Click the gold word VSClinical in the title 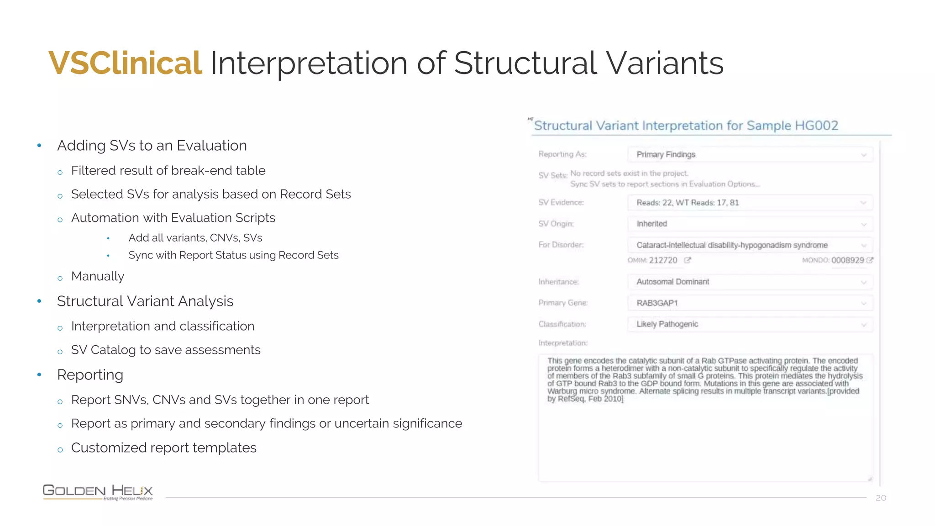coord(125,63)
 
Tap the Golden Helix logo coord(98,492)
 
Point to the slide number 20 coord(881,498)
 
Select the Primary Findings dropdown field coord(750,154)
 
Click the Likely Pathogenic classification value coord(667,324)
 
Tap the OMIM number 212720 coord(663,260)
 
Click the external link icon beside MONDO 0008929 coord(870,260)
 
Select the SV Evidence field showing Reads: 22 coord(750,203)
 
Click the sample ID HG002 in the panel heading coord(816,126)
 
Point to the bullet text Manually coord(98,276)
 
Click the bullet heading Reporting coord(90,375)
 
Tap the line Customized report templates coord(163,448)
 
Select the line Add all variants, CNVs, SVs coord(195,238)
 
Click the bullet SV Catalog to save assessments coord(166,350)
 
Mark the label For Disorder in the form coord(561,245)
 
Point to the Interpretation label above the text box coord(562,343)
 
